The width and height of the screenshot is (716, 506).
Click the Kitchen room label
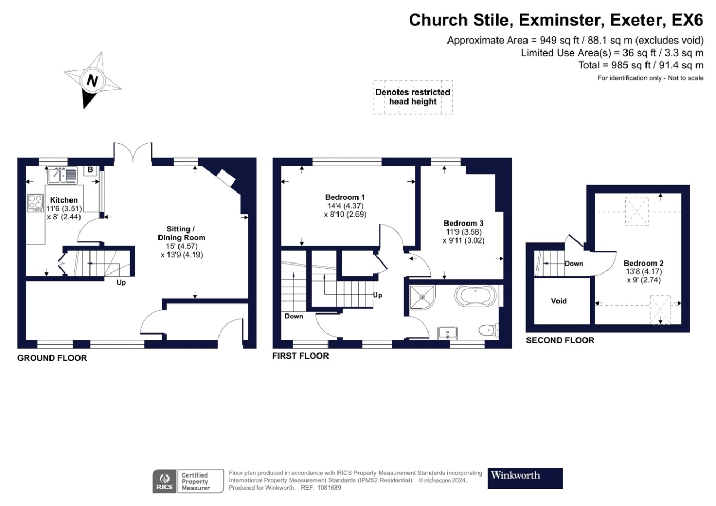[64, 200]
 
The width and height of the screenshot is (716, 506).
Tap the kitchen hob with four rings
[35, 203]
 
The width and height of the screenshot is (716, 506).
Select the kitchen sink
[63, 175]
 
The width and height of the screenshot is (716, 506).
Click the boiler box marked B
[91, 170]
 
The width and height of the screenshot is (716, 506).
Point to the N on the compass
[92, 81]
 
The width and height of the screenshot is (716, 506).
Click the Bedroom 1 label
[345, 197]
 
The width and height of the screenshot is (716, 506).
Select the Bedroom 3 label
[463, 224]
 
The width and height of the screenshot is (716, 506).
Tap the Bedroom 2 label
[643, 263]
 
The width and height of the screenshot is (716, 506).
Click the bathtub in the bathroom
[475, 296]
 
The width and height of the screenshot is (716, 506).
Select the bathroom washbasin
[447, 332]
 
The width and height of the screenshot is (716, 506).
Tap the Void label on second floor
[559, 301]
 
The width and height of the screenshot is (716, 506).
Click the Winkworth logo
[524, 478]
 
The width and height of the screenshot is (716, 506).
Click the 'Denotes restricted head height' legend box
[413, 97]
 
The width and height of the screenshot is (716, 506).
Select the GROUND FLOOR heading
[52, 358]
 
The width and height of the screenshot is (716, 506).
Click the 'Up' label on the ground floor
[121, 282]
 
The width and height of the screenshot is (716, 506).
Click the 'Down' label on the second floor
[574, 264]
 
